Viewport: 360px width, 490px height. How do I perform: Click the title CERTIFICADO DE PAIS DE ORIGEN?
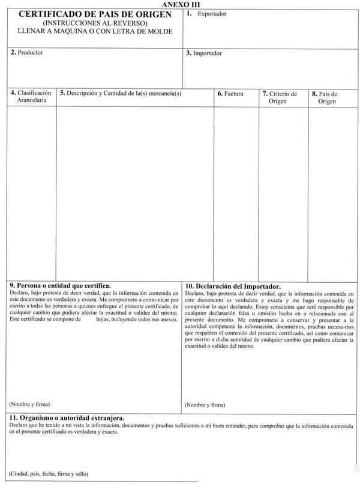95,14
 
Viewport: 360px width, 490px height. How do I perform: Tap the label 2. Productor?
27,52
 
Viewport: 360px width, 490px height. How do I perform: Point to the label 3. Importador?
204,53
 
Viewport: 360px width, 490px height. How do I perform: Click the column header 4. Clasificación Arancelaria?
31,97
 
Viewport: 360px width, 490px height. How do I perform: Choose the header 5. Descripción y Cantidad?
120,94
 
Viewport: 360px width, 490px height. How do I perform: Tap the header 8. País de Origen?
327,97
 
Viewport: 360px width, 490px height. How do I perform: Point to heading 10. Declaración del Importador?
233,286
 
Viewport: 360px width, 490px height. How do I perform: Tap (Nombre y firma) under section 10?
205,405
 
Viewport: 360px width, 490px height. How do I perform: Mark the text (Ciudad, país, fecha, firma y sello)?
49,474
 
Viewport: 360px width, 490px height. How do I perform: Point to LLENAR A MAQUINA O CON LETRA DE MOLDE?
95,31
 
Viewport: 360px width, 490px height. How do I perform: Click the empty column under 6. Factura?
236,192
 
